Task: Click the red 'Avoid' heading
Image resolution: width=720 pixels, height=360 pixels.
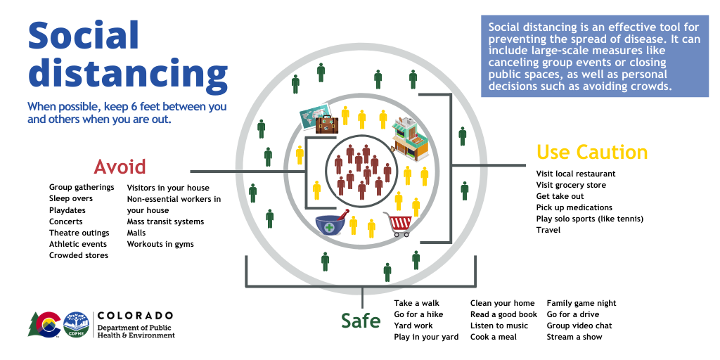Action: pyautogui.click(x=120, y=167)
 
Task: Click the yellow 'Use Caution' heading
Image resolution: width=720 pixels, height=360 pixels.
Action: pyautogui.click(x=591, y=153)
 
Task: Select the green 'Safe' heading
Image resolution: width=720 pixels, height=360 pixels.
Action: pyautogui.click(x=361, y=321)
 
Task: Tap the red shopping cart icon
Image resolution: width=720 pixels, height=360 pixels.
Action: pyautogui.click(x=398, y=224)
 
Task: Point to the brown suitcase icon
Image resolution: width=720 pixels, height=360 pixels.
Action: pyautogui.click(x=327, y=124)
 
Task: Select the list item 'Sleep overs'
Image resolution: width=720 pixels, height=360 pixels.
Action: pyautogui.click(x=71, y=199)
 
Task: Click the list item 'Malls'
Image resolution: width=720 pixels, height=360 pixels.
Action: pyautogui.click(x=136, y=233)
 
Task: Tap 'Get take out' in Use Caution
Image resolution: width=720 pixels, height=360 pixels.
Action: pyautogui.click(x=560, y=196)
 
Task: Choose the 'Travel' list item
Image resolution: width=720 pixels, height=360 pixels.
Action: pyautogui.click(x=548, y=230)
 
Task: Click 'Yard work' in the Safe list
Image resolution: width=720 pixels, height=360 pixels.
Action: pyautogui.click(x=413, y=326)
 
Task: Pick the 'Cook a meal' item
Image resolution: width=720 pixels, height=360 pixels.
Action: pyautogui.click(x=494, y=337)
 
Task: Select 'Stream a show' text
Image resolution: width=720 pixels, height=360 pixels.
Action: pyautogui.click(x=574, y=337)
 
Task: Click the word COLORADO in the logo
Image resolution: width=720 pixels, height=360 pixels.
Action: pyautogui.click(x=135, y=315)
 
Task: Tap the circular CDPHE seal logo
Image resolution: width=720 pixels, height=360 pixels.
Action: pyautogui.click(x=76, y=324)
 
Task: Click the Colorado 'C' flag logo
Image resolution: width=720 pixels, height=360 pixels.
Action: pyautogui.click(x=46, y=324)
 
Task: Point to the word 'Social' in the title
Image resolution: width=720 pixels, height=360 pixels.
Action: pyautogui.click(x=84, y=37)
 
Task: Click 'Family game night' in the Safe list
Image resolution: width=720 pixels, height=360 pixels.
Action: pyautogui.click(x=581, y=303)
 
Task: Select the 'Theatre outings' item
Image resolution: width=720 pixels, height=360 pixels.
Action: pyautogui.click(x=79, y=233)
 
